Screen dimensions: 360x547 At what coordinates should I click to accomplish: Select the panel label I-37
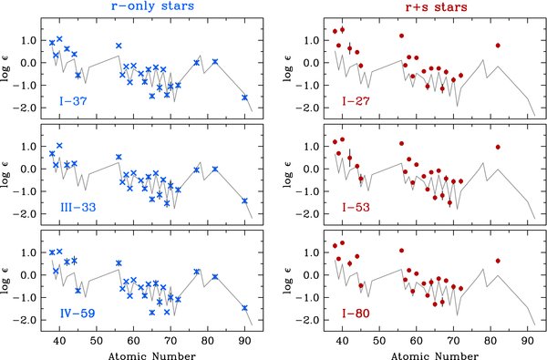73,100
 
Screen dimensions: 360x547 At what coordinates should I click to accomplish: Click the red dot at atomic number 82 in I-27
498,45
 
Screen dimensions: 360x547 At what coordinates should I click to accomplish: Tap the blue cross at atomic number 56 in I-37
119,46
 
